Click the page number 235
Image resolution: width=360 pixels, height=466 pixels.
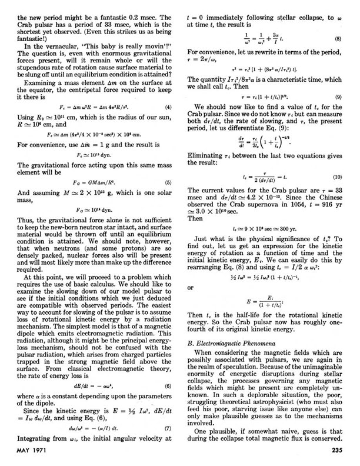tap(340, 452)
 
